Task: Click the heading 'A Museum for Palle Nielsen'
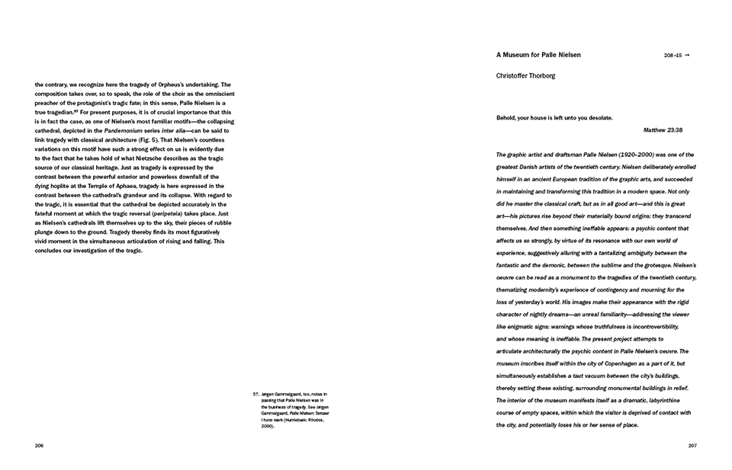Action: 538,55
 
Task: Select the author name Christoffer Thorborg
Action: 525,76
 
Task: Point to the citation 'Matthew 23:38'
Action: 663,130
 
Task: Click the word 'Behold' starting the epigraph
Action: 507,118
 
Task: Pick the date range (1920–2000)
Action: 624,155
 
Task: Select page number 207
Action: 692,446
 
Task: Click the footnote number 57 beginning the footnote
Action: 255,394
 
